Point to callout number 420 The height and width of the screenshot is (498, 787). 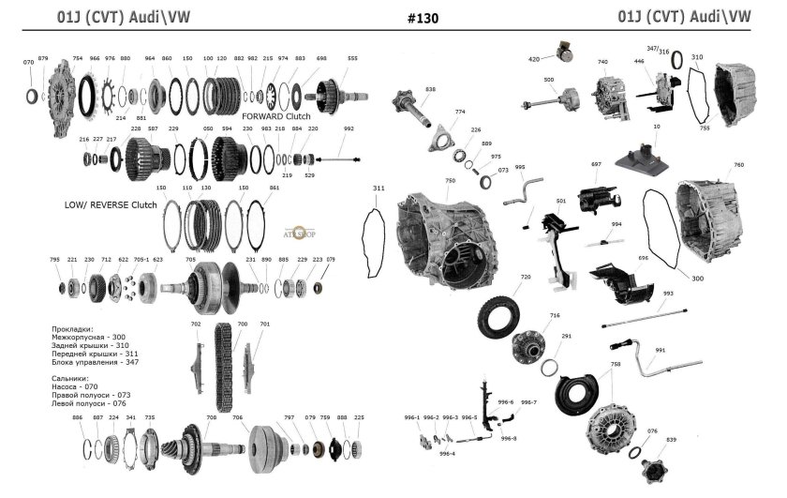tap(534, 59)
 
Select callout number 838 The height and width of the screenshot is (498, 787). tap(430, 89)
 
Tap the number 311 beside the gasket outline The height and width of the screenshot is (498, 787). tap(378, 188)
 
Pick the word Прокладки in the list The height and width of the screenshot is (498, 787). tap(74, 329)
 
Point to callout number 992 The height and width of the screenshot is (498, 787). tap(349, 128)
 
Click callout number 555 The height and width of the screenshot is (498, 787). tap(352, 58)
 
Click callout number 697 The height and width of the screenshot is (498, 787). tap(596, 164)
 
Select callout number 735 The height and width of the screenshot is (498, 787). tap(150, 417)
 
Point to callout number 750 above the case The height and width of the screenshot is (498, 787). tap(450, 180)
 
